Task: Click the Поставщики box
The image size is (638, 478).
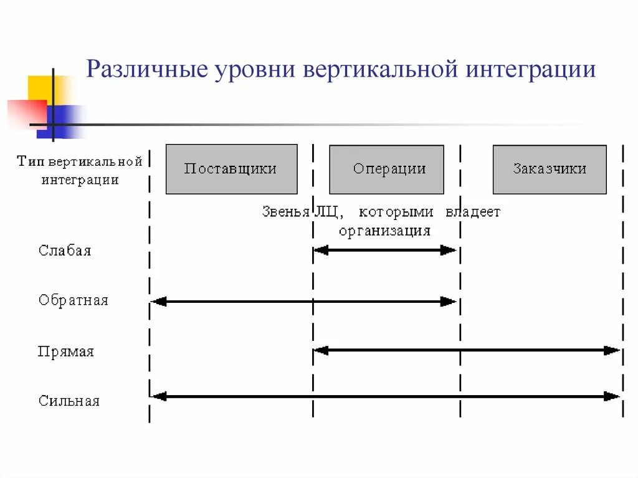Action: [231, 169]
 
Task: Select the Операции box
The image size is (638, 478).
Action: [386, 169]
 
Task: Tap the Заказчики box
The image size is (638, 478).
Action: [549, 169]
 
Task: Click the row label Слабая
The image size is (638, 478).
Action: [65, 251]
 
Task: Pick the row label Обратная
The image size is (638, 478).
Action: [73, 300]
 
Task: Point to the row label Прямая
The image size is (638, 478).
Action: [65, 351]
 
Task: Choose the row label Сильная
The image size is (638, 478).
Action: [69, 401]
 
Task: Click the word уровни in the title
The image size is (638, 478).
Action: [255, 69]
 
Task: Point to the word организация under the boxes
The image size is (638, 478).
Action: [384, 231]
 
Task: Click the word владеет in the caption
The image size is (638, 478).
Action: [473, 212]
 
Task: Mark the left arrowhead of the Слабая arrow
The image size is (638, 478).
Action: [320, 251]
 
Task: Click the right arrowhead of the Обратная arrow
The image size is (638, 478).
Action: [449, 302]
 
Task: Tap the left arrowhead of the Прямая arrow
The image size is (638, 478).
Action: [320, 350]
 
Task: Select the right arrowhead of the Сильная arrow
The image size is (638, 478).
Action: [613, 396]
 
